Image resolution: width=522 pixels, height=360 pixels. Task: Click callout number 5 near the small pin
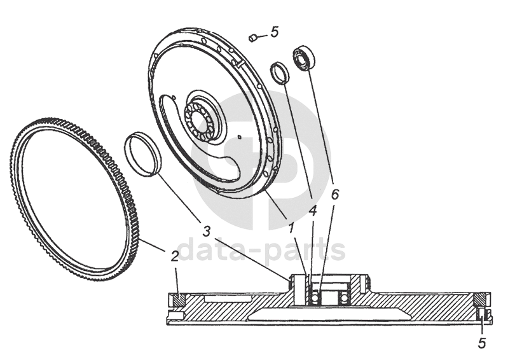tap(274, 31)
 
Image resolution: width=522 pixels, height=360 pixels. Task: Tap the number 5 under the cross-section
tap(482, 343)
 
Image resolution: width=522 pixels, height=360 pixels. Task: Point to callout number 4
tap(312, 209)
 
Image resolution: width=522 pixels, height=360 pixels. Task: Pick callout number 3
tap(207, 230)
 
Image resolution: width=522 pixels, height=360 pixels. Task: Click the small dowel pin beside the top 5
tap(252, 38)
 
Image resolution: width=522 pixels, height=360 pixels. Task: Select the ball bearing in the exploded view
tap(303, 59)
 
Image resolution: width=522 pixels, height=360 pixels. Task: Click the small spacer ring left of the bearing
tap(279, 73)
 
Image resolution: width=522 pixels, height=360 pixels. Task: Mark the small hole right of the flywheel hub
tap(238, 135)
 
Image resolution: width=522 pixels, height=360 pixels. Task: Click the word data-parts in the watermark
tap(261, 250)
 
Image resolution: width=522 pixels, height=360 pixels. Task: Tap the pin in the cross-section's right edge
tap(482, 313)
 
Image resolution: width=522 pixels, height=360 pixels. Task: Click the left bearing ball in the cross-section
tap(313, 297)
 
